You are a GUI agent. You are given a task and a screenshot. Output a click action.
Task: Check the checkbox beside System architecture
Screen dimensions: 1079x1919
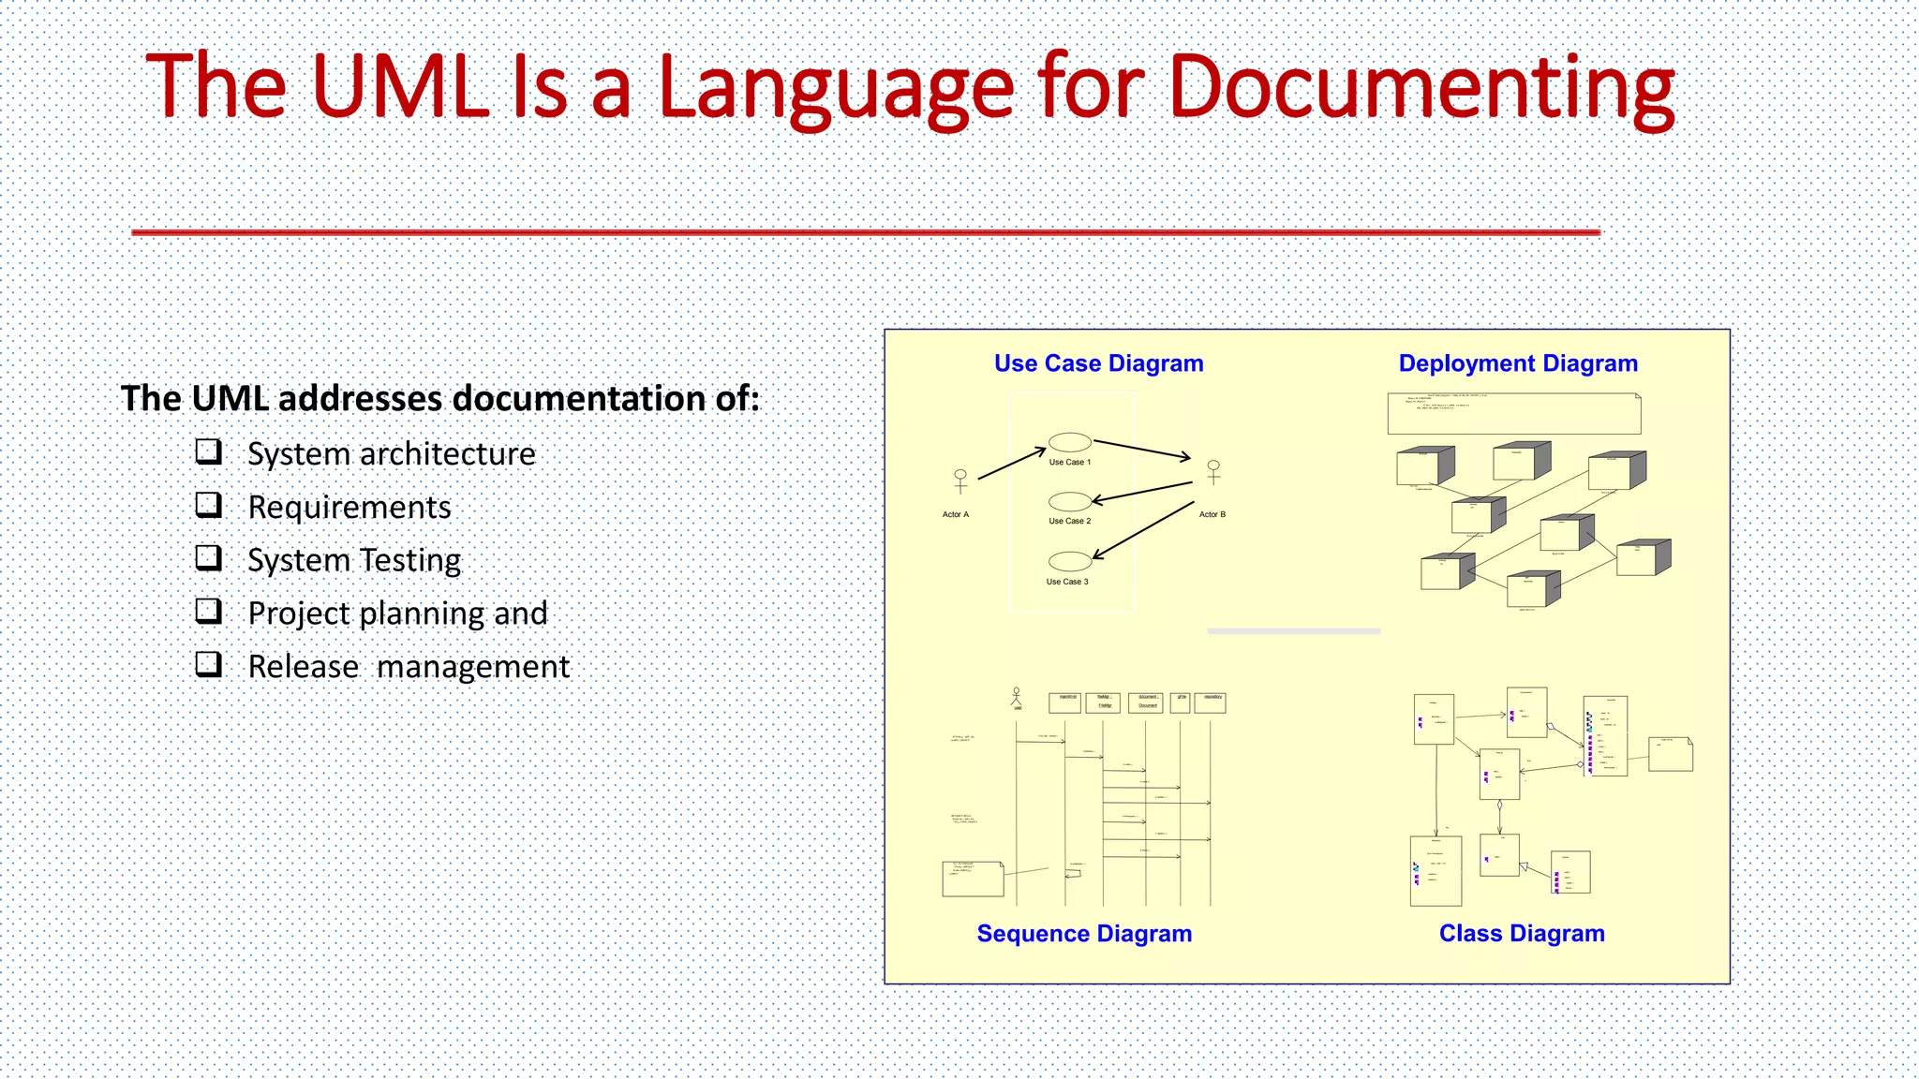click(x=208, y=452)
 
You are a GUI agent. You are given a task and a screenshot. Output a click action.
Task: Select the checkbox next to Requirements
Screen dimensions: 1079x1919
click(x=208, y=506)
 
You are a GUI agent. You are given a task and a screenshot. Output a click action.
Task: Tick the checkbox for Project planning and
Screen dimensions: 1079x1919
click(x=208, y=612)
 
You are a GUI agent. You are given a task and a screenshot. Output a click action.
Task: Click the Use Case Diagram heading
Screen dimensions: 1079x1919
click(x=1098, y=363)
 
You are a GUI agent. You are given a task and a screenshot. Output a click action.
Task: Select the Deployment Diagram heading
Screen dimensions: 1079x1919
click(x=1517, y=363)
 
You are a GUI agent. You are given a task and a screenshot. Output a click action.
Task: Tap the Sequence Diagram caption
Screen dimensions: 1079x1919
click(x=1084, y=934)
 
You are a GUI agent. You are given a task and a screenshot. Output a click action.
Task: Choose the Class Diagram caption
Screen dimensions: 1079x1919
click(x=1521, y=934)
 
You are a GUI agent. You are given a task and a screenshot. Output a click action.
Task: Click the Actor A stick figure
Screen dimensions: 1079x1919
click(x=959, y=481)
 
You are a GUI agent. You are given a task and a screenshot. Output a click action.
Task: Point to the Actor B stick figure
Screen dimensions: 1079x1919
click(x=1213, y=472)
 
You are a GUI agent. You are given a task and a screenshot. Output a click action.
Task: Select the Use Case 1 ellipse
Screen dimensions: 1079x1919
click(x=1069, y=442)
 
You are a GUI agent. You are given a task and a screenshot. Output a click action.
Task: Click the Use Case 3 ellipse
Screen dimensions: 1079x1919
click(x=1069, y=561)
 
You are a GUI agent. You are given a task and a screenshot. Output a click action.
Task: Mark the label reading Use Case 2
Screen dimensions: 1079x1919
click(x=1069, y=522)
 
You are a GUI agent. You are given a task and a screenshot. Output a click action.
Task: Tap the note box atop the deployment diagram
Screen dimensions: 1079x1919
click(x=1513, y=414)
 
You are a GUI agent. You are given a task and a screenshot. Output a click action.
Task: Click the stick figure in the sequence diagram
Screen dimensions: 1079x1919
click(x=1017, y=697)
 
